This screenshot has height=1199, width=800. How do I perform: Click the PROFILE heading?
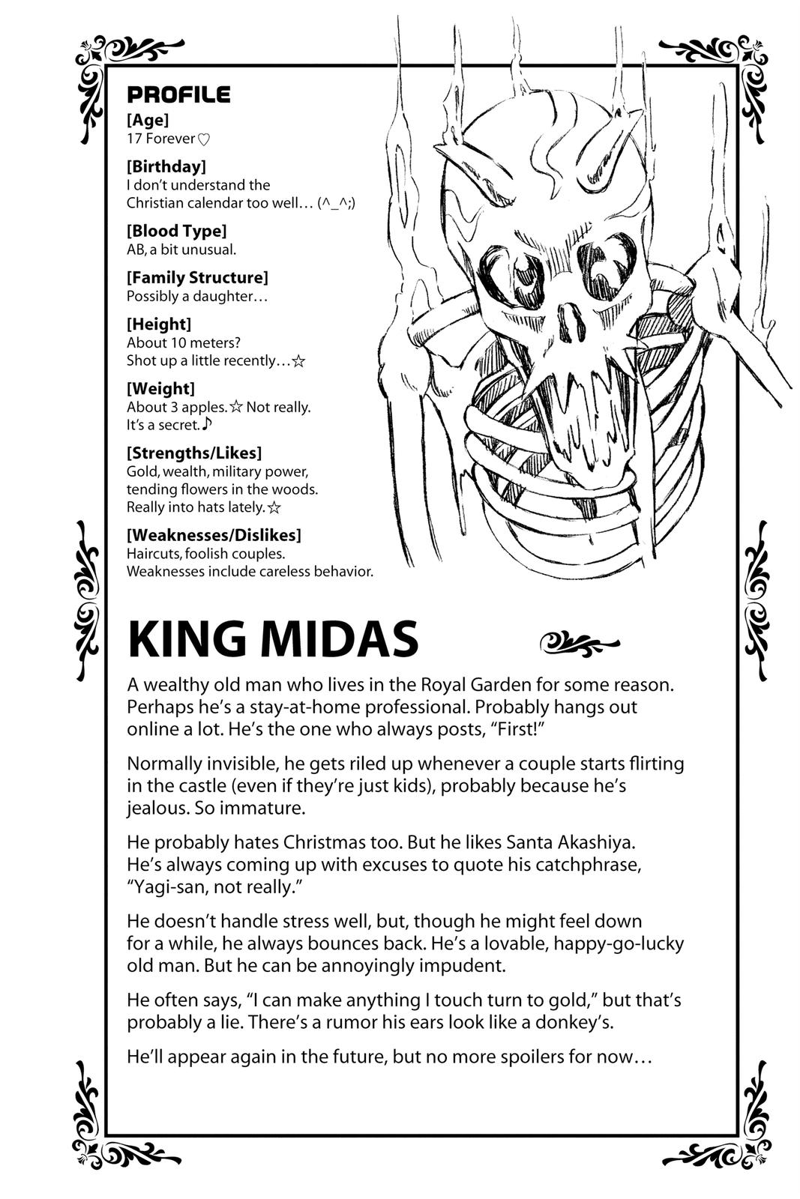click(x=178, y=94)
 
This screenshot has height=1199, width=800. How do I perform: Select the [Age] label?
click(x=148, y=119)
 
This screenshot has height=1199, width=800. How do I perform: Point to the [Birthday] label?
click(x=166, y=166)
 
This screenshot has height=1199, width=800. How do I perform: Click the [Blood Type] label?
click(x=176, y=230)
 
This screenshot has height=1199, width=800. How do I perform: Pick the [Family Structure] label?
click(x=197, y=277)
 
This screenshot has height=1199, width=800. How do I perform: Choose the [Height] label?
click(x=159, y=324)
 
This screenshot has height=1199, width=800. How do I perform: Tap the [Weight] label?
click(x=160, y=388)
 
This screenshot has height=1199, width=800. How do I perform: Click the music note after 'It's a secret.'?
click(x=208, y=424)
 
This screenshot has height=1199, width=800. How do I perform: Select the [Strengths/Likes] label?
click(x=194, y=453)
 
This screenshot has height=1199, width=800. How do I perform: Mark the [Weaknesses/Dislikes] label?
click(x=214, y=535)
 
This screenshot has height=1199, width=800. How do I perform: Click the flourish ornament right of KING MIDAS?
click(x=580, y=641)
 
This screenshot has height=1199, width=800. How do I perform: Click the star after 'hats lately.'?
click(x=274, y=508)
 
